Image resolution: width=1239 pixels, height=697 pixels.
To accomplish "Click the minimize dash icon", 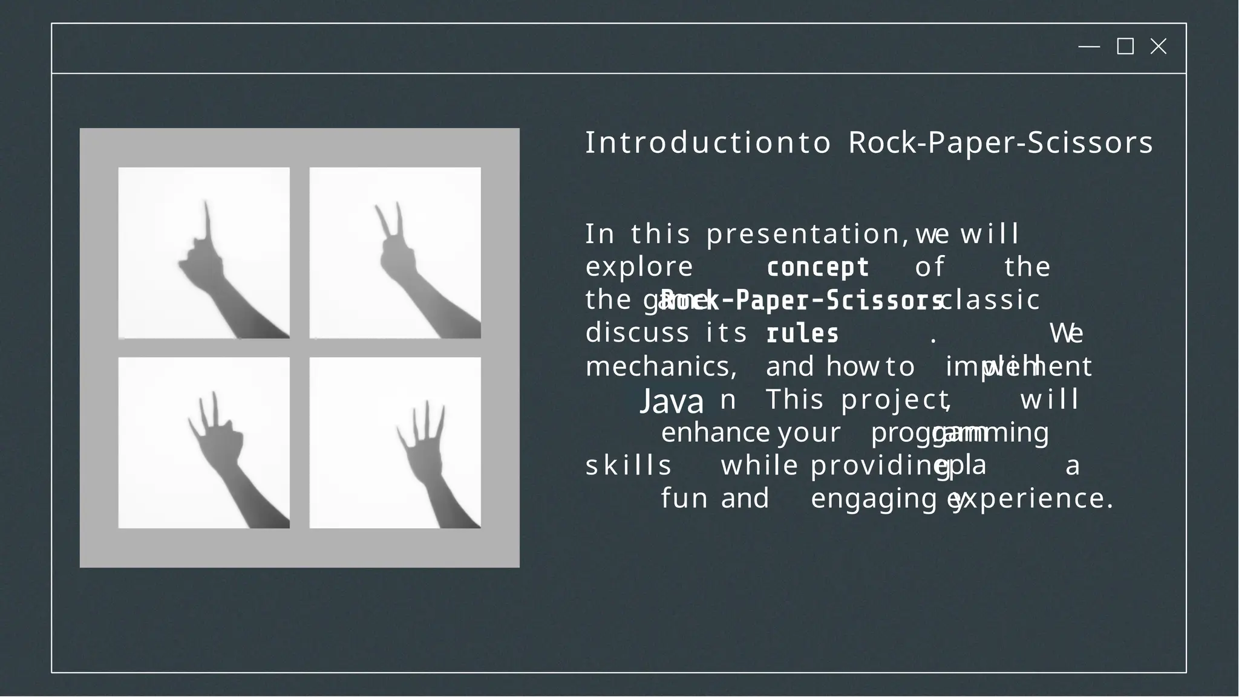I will [x=1089, y=47].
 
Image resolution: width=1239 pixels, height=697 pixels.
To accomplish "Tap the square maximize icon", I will [x=1125, y=47].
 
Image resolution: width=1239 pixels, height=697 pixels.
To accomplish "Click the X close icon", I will [x=1158, y=47].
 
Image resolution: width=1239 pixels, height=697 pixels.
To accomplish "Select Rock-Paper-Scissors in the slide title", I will [x=1001, y=143].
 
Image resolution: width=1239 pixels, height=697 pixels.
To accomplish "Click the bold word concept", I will [x=817, y=267].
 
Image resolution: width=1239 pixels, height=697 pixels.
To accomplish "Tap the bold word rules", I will [x=802, y=334].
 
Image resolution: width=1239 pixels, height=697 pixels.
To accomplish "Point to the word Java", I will [x=672, y=401].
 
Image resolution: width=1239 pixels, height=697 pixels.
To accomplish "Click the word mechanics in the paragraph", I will [x=660, y=367].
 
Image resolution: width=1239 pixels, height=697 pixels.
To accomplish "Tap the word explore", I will [x=639, y=267].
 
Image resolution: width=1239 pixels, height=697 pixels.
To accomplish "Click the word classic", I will [x=992, y=300].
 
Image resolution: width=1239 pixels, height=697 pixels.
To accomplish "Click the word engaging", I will [x=878, y=499].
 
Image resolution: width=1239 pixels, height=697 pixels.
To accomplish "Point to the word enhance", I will [x=715, y=433].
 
